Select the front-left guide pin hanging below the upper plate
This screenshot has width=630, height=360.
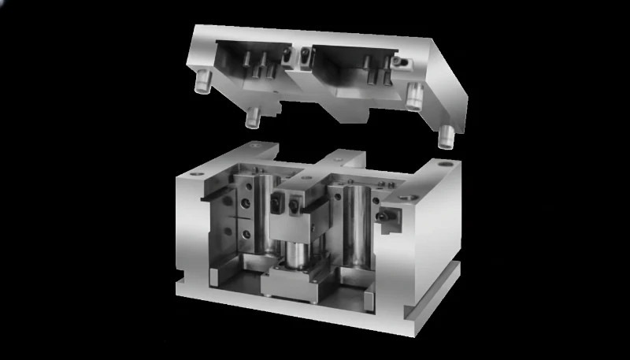(x=254, y=117)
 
